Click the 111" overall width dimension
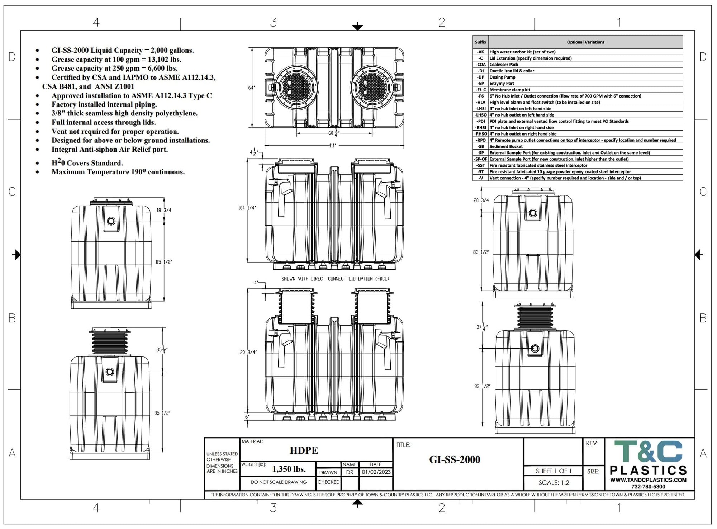[333, 146]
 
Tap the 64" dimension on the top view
[252, 88]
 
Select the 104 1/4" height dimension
[247, 208]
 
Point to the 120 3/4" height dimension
[247, 352]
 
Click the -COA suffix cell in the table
[481, 65]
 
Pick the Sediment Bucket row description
[506, 146]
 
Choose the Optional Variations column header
[585, 42]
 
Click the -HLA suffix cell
[481, 102]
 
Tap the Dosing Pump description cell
[502, 77]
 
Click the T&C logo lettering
[648, 452]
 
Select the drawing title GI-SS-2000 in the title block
[455, 459]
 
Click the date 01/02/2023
[376, 472]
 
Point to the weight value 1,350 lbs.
[289, 469]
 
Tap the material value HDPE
[304, 450]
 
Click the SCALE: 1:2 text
[554, 483]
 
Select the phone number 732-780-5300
[648, 487]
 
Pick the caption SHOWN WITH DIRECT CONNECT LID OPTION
[335, 279]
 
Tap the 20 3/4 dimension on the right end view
[481, 200]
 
